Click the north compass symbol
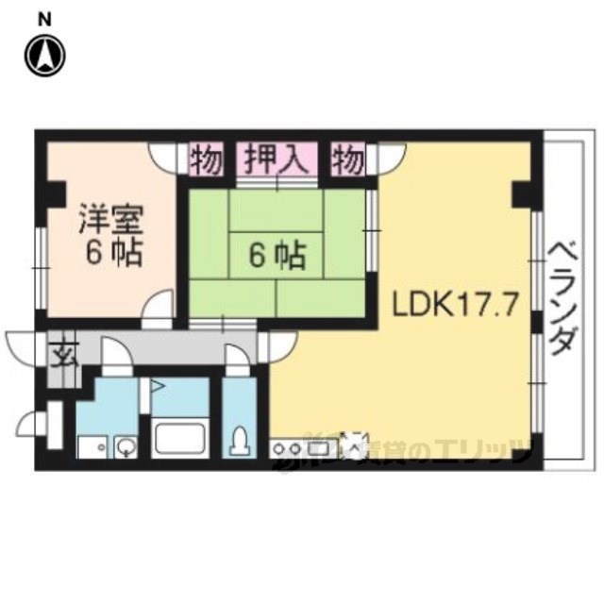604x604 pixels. coord(45,55)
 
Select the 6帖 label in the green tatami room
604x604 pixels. coord(276,256)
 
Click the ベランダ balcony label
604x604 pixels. coord(562,298)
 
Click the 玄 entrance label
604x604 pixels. coord(63,359)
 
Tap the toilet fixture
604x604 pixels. coord(241,441)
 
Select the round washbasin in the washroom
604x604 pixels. coord(126,446)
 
